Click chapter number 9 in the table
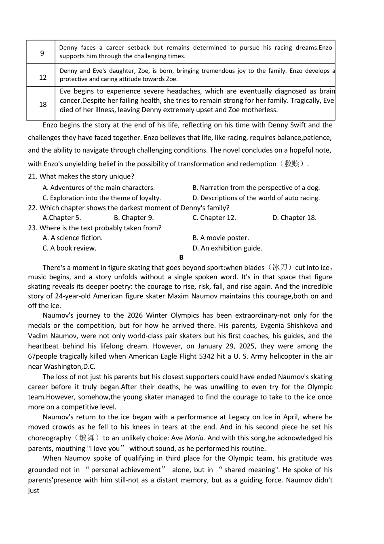click(42, 53)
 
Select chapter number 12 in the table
click(43, 77)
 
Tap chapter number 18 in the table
click(43, 104)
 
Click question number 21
click(32, 176)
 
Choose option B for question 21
click(256, 188)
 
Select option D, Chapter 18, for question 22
click(294, 218)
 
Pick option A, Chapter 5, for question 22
click(62, 218)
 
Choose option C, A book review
click(70, 248)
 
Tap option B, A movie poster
click(221, 238)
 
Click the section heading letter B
click(181, 257)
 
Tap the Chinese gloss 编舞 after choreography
click(87, 438)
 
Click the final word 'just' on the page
click(34, 491)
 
